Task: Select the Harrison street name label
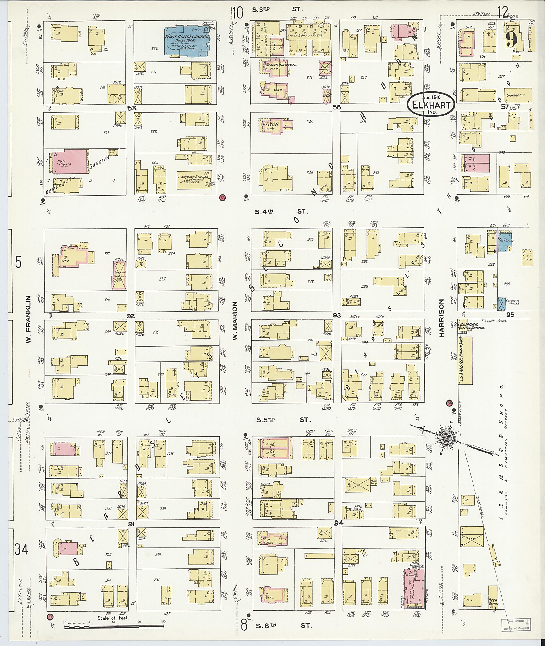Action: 441,318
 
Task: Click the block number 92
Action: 131,316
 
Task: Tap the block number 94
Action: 338,523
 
